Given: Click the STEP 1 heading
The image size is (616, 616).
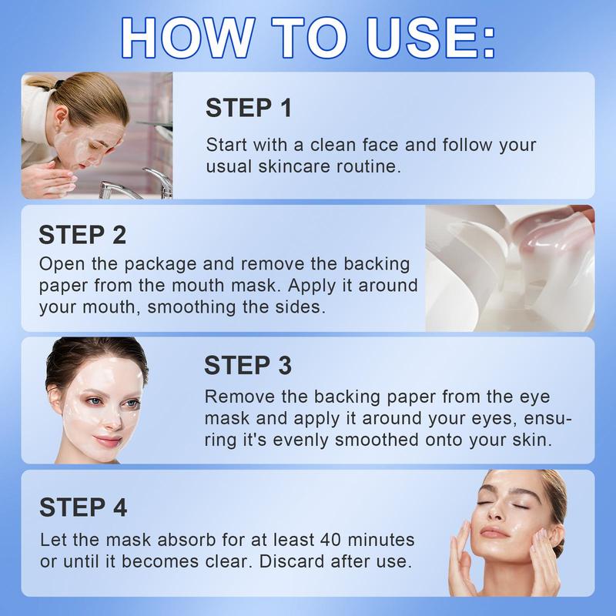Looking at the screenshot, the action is click(x=249, y=108).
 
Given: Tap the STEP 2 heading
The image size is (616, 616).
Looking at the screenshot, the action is click(x=82, y=235).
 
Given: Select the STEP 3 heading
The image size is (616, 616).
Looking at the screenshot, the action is click(x=248, y=365).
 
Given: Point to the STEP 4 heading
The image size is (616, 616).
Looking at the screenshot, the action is click(x=83, y=507).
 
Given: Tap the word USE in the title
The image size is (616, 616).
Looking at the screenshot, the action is click(x=421, y=38).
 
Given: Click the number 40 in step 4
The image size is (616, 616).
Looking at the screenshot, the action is click(x=330, y=540).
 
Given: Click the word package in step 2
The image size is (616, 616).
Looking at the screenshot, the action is click(x=160, y=264).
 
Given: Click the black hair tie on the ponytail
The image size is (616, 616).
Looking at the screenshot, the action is click(x=59, y=85).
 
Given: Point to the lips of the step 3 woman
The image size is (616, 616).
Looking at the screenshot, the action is click(x=106, y=440).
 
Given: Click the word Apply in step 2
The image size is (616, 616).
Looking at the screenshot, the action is click(x=313, y=286).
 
